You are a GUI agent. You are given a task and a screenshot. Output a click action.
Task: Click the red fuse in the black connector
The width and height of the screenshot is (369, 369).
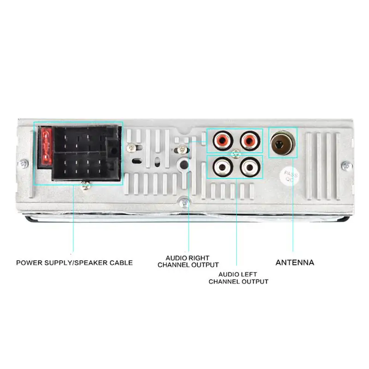click(46, 147)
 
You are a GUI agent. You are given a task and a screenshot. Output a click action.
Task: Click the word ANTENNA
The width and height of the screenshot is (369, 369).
click(295, 262)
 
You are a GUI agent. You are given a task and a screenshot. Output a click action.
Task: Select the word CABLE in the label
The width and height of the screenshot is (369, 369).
click(121, 263)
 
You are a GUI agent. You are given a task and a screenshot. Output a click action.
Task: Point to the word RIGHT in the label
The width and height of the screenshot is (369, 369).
click(199, 258)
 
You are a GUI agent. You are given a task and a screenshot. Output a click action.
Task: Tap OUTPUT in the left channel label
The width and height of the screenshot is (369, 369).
click(252, 281)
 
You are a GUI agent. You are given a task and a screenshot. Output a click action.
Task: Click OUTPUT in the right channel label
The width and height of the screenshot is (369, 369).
click(202, 265)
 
